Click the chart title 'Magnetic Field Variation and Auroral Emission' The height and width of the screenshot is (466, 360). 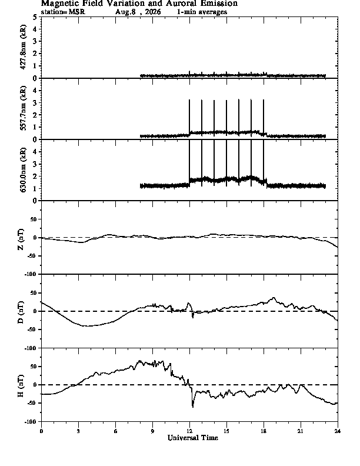point(139,4)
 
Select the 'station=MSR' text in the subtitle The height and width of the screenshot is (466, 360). point(63,12)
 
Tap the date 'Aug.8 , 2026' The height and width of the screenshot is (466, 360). point(138,12)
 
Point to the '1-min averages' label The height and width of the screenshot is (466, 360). point(202,12)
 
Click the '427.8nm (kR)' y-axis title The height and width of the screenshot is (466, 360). point(23,47)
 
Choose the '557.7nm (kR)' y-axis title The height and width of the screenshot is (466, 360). point(23,108)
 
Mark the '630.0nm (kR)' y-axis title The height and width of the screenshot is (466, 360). point(23,169)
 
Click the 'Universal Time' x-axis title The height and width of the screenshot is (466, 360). point(193,438)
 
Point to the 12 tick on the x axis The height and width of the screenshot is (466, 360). point(189,431)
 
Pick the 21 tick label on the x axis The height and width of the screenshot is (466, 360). point(301,431)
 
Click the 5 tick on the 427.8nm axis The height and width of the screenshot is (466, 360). point(35,17)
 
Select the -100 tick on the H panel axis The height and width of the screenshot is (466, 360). point(31,421)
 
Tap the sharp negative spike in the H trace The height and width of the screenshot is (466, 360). point(193,407)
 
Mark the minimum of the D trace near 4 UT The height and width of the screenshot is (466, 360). point(88,326)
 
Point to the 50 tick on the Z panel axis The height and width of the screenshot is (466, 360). point(33,219)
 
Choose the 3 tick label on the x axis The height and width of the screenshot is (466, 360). point(78,431)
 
